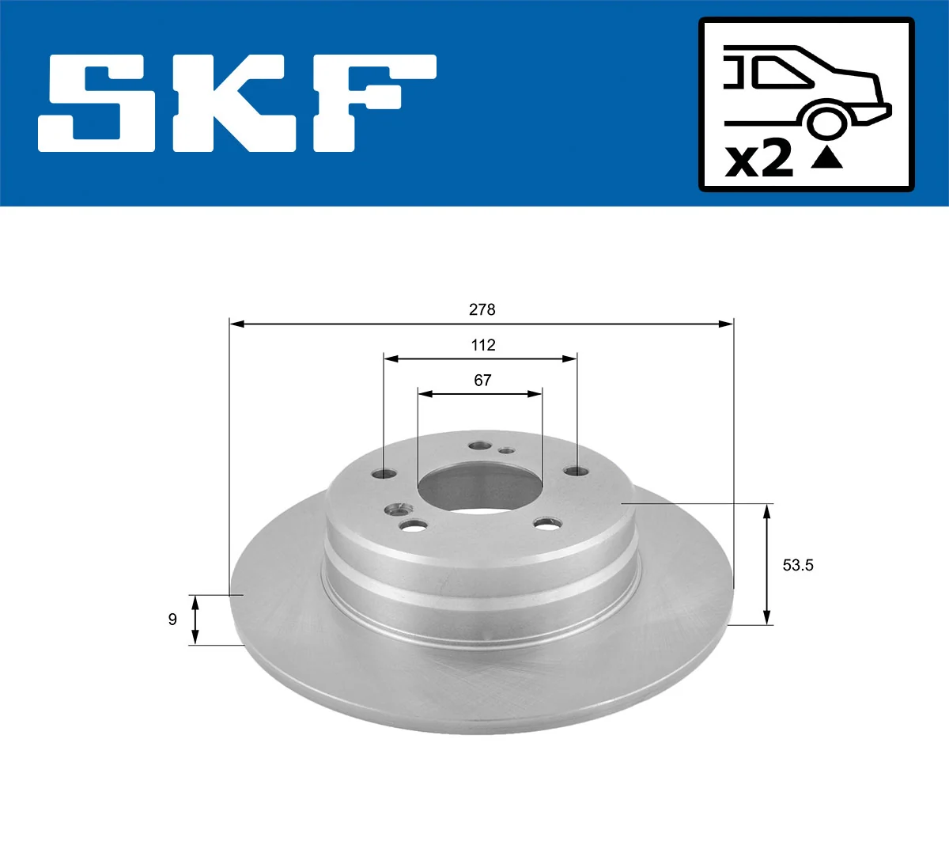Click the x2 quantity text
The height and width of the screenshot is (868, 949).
pos(759,159)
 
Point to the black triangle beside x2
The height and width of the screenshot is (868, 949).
pos(827,158)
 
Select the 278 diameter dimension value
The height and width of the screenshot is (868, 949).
pos(482,309)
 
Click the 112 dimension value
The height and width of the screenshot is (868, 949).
pos(482,345)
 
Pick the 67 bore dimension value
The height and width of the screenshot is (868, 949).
pos(482,381)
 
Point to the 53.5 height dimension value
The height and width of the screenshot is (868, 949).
pos(797,565)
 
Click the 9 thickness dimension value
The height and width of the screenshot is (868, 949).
pos(172,620)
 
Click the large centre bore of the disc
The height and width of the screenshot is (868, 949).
pos(478,487)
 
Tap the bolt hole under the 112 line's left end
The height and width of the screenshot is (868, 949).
pos(384,474)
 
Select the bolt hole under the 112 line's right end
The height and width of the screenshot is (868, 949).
pos(576,472)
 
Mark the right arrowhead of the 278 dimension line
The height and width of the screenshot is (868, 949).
pos(725,324)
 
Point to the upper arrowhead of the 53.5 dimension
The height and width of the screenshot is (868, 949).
pos(766,511)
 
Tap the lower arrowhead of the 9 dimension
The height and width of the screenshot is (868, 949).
pos(196,637)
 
